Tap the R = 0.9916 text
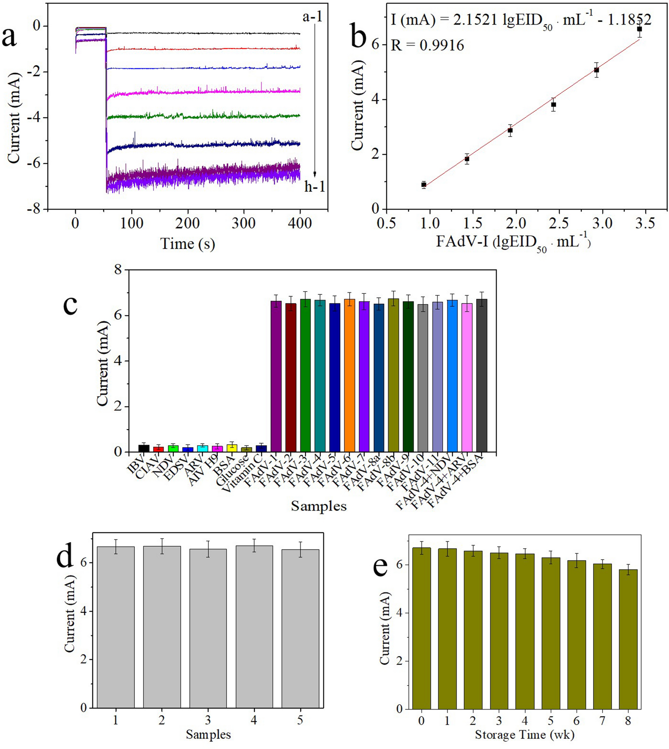click(427, 46)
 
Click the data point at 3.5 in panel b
click(639, 29)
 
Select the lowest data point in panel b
click(424, 184)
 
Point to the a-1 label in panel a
click(312, 17)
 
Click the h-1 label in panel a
click(314, 186)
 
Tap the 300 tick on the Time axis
click(243, 223)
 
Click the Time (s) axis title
click(188, 244)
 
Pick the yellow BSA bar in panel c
click(232, 448)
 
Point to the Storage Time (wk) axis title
click(524, 734)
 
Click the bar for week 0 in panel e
click(421, 630)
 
